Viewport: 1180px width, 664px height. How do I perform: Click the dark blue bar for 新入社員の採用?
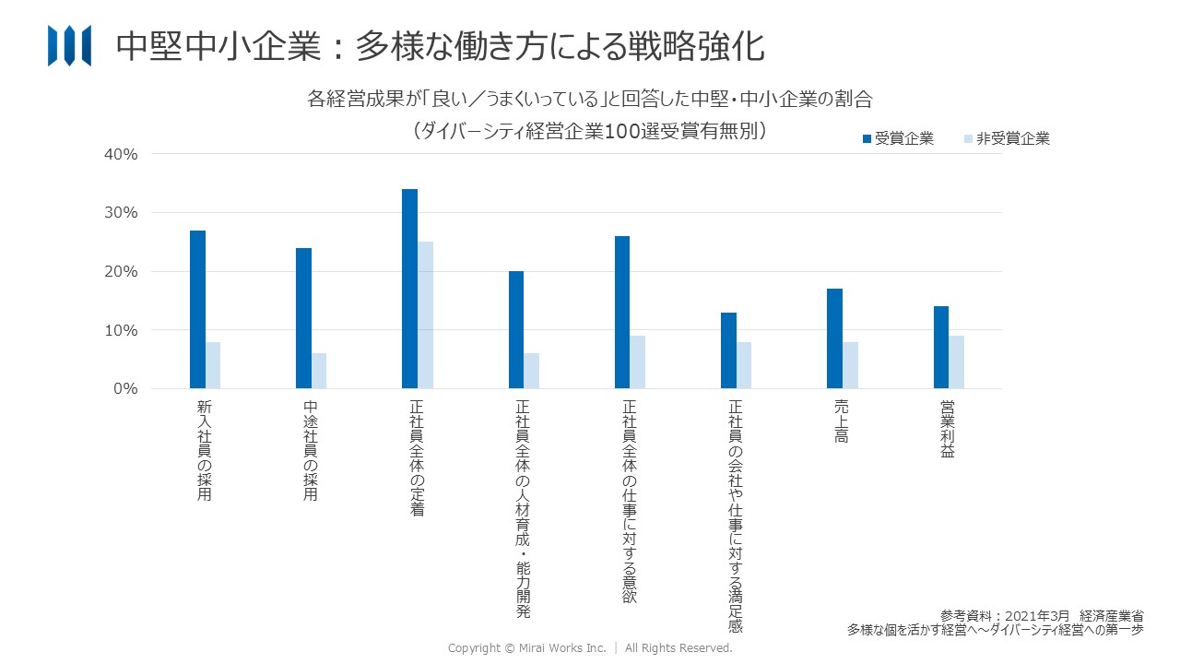click(x=197, y=309)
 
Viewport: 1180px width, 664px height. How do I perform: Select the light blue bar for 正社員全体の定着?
click(x=425, y=314)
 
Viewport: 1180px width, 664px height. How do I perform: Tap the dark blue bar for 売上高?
click(x=834, y=338)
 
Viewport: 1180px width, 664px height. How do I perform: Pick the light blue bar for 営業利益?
click(x=956, y=362)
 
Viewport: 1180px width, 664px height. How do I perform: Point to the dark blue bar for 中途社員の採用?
click(x=303, y=318)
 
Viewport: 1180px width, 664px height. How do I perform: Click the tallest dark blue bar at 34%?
click(x=409, y=289)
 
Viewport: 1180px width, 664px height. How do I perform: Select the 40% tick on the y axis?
click(x=120, y=154)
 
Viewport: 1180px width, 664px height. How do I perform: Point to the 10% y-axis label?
click(x=120, y=330)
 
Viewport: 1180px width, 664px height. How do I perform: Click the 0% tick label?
click(x=124, y=389)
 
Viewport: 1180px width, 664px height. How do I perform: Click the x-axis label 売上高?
click(x=841, y=422)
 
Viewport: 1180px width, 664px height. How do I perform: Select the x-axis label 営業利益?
click(x=947, y=430)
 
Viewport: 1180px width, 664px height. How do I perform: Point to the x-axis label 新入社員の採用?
click(x=205, y=450)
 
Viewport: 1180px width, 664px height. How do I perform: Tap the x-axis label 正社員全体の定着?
click(x=417, y=457)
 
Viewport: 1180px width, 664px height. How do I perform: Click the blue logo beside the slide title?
click(x=69, y=45)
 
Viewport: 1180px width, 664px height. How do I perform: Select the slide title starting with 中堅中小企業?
click(x=440, y=46)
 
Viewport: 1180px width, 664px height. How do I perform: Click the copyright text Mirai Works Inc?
click(x=590, y=648)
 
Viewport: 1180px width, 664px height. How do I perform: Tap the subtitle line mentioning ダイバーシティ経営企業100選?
click(x=590, y=131)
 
